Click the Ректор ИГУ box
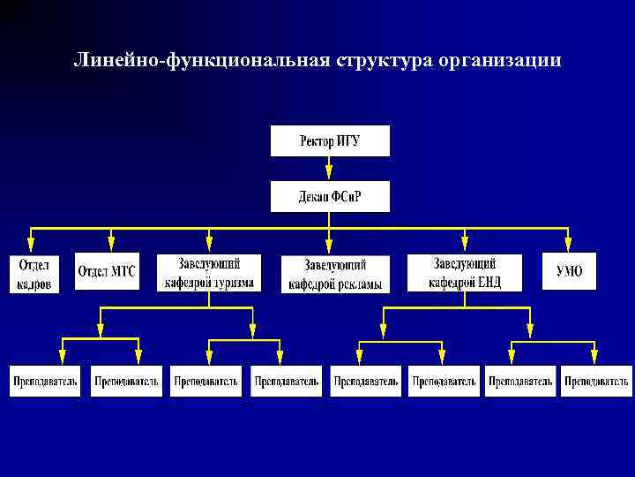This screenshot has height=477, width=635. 330,141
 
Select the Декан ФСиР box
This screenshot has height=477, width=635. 330,196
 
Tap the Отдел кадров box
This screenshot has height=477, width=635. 34,274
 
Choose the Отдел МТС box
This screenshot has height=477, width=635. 106,272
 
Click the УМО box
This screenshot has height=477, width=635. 569,272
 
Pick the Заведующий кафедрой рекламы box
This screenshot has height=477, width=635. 335,275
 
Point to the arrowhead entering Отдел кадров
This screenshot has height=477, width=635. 31,247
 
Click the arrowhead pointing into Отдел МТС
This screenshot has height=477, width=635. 111,245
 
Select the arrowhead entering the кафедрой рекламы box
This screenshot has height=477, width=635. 329,248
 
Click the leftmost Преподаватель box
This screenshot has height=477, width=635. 45,381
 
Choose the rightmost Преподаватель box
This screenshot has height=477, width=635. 597,381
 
